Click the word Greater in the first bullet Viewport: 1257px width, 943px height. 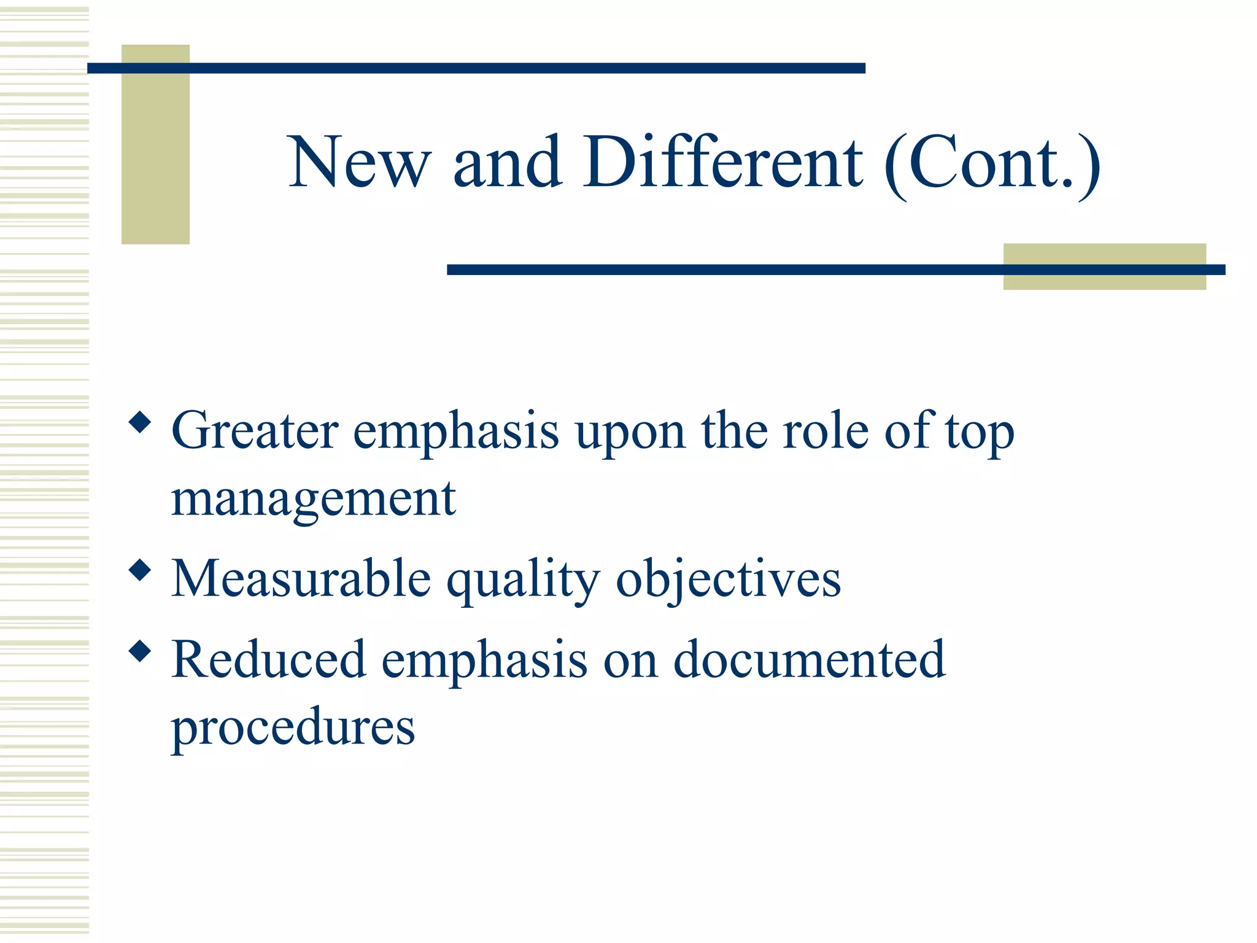[x=255, y=430]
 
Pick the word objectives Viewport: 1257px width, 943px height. [x=728, y=580]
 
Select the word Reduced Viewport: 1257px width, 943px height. [x=269, y=659]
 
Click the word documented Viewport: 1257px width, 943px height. [x=809, y=659]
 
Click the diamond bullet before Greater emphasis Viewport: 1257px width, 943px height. [x=141, y=422]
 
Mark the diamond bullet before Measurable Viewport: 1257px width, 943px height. [x=141, y=570]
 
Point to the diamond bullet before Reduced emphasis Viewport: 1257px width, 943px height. [x=141, y=651]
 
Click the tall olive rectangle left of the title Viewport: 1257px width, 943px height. [x=155, y=160]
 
